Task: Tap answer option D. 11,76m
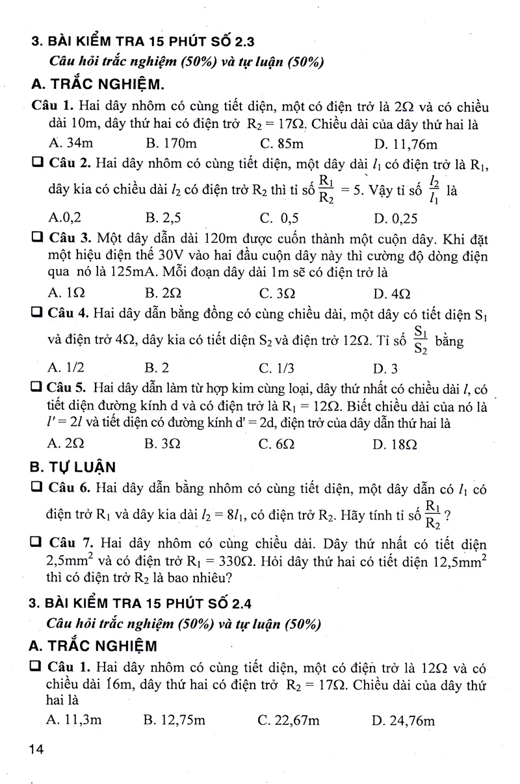tap(406, 143)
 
